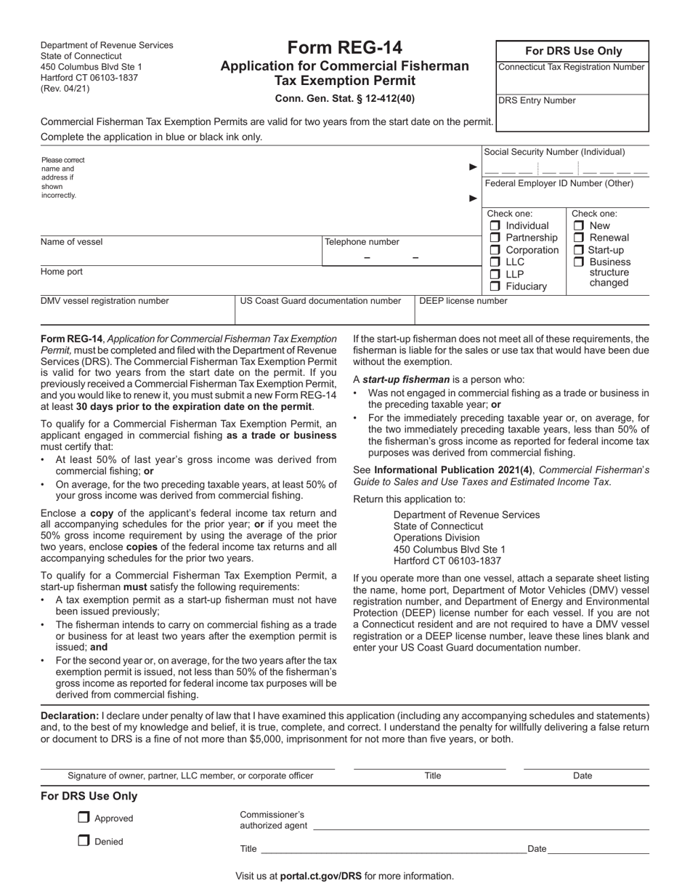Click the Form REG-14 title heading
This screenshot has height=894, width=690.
(345, 48)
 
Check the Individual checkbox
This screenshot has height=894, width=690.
(495, 226)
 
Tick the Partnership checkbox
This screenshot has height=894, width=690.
(495, 238)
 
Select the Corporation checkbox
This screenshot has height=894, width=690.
(495, 250)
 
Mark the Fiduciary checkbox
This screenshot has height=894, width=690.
(495, 286)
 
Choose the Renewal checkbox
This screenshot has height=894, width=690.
(579, 238)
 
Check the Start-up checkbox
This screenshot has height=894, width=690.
(579, 250)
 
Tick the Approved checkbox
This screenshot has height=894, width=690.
(84, 818)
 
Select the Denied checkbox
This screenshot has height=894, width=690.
(84, 841)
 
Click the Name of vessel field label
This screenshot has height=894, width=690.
(72, 242)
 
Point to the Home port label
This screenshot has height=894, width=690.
(62, 272)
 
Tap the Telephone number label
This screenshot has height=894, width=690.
(362, 242)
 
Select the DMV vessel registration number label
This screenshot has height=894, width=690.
(105, 301)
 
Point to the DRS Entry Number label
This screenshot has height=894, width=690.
(537, 100)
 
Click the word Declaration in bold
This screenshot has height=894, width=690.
(70, 716)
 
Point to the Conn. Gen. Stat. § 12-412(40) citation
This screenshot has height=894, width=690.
(345, 99)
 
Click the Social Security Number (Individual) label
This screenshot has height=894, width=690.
(554, 152)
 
